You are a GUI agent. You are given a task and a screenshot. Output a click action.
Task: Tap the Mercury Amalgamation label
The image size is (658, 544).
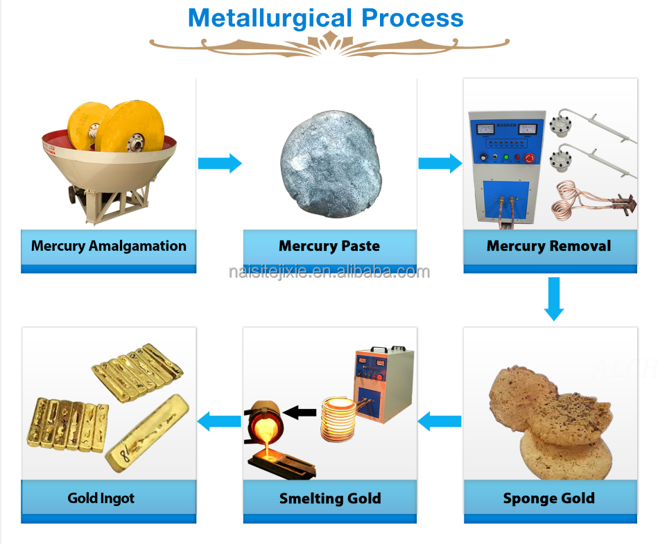click(109, 246)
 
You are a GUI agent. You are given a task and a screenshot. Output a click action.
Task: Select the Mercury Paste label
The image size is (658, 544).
click(329, 246)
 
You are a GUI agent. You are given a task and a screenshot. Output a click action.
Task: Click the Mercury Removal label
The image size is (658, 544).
click(548, 246)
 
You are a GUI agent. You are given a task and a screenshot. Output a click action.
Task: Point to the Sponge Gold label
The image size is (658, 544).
click(548, 498)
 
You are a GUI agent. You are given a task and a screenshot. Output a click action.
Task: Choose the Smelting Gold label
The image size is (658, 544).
click(330, 498)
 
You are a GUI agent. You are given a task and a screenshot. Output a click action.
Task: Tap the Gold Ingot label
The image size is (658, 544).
click(101, 498)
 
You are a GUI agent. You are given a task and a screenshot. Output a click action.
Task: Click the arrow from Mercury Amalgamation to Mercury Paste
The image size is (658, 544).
click(220, 164)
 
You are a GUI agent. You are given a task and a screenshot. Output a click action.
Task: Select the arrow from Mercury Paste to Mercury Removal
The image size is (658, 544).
click(440, 164)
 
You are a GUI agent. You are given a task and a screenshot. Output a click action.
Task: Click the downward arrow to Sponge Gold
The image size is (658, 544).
click(553, 299)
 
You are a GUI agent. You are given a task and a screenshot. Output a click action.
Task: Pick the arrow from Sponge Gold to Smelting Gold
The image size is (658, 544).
click(440, 420)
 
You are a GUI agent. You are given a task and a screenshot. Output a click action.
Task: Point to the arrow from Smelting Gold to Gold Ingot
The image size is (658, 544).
click(220, 420)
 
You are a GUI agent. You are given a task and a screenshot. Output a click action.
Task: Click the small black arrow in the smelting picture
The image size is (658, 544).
click(300, 413)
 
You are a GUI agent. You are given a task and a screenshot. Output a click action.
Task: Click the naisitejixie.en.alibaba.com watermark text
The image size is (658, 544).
click(329, 272)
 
